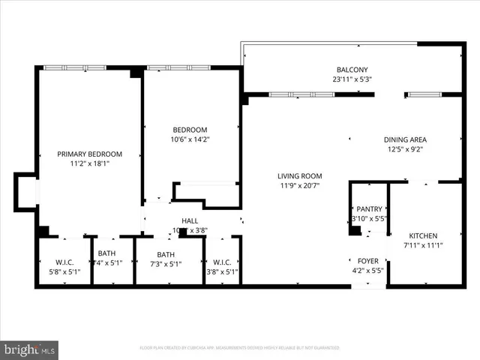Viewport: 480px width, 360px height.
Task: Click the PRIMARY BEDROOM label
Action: [89, 154]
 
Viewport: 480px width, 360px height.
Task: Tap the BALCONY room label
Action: [352, 68]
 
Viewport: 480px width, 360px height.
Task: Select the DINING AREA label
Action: [405, 139]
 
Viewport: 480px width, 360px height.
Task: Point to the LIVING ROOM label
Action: [300, 175]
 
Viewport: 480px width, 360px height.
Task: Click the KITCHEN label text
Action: [422, 235]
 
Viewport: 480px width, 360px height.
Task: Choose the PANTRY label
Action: [369, 209]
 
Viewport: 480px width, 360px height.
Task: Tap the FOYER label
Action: [367, 261]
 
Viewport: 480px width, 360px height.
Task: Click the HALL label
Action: [190, 221]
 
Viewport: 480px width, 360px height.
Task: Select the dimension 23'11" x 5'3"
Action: [352, 79]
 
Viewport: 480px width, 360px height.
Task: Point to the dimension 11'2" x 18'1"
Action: [89, 163]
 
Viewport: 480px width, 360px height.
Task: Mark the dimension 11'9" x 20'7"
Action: [300, 185]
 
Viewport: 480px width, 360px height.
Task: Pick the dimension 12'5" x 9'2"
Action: [405, 149]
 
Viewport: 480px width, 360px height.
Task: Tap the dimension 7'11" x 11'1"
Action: [422, 245]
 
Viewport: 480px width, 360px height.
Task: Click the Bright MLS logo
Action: [30, 349]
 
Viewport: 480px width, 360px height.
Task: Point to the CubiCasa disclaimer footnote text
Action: [239, 348]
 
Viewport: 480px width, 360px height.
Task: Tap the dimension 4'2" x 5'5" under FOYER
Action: [367, 271]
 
